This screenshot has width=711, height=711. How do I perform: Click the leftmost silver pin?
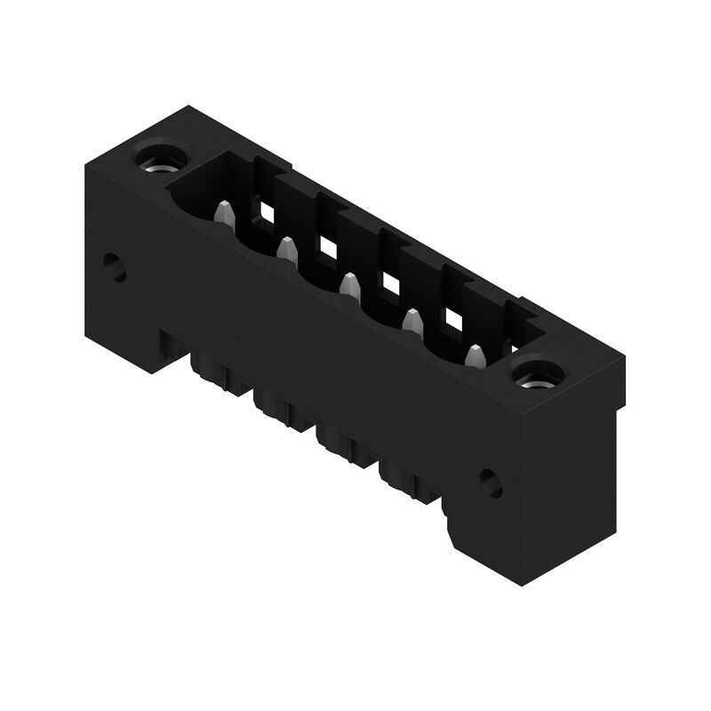point(225,214)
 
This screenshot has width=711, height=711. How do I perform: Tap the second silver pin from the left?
point(286,250)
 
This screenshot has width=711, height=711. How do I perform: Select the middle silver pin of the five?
point(349,284)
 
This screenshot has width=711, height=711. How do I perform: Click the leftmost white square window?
point(266,212)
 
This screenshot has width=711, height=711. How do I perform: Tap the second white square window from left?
point(328,247)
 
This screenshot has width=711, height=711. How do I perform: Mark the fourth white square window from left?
point(454,317)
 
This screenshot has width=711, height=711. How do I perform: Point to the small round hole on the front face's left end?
point(113,266)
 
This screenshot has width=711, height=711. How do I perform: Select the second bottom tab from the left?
point(276,409)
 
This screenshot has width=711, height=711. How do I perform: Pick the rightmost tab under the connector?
point(404,481)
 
